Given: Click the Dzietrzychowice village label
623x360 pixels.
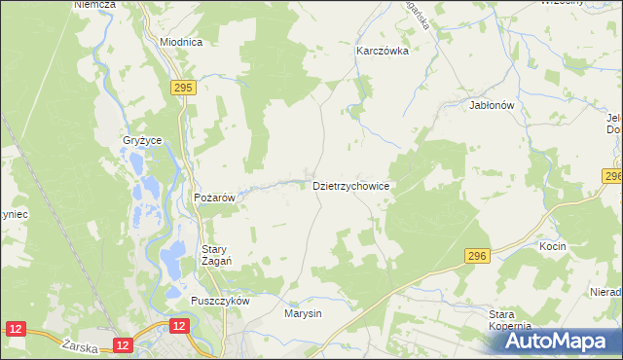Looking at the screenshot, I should pos(350,185).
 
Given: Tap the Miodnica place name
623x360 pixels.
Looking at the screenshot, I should pos(181,43).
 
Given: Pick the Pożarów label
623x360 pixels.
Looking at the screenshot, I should pos(215,198).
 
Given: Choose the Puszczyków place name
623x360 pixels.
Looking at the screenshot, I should pos(221,302).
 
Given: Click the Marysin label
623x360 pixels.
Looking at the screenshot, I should pos(303,314).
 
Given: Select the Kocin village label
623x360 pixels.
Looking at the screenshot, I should pos(553,247).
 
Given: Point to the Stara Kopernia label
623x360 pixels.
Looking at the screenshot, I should pos(509,321).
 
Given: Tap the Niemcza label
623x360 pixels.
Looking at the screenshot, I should pos(94,5).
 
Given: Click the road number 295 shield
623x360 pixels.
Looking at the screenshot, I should pos(182,88).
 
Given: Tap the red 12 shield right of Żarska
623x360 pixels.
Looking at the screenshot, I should pos(122,344).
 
